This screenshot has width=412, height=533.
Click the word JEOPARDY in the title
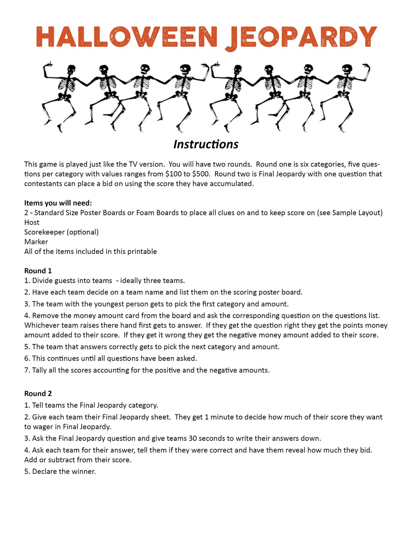(301, 37)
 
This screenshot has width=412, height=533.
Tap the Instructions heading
(206, 144)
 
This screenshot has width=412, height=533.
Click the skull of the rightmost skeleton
(347, 69)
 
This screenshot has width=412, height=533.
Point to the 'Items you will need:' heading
(58, 203)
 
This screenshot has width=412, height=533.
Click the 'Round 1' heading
(38, 271)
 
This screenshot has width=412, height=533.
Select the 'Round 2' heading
(38, 394)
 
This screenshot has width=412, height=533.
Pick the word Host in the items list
(32, 222)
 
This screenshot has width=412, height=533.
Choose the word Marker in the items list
(36, 242)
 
